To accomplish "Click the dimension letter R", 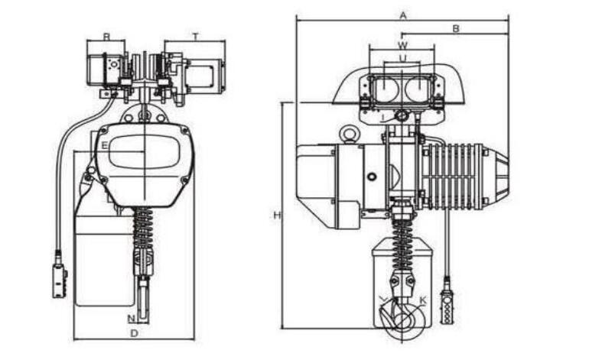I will click(106, 36).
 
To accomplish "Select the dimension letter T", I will click(196, 36).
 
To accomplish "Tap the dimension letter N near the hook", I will click(131, 318).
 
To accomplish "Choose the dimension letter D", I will click(134, 333).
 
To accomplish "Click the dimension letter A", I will click(402, 15).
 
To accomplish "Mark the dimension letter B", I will click(455, 28).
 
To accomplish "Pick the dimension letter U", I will click(402, 57).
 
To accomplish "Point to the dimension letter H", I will click(277, 216).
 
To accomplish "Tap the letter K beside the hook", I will click(423, 301).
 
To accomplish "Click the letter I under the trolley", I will click(382, 117).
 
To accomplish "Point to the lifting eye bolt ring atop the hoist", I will click(349, 135).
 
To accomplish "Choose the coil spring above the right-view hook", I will click(401, 233).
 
